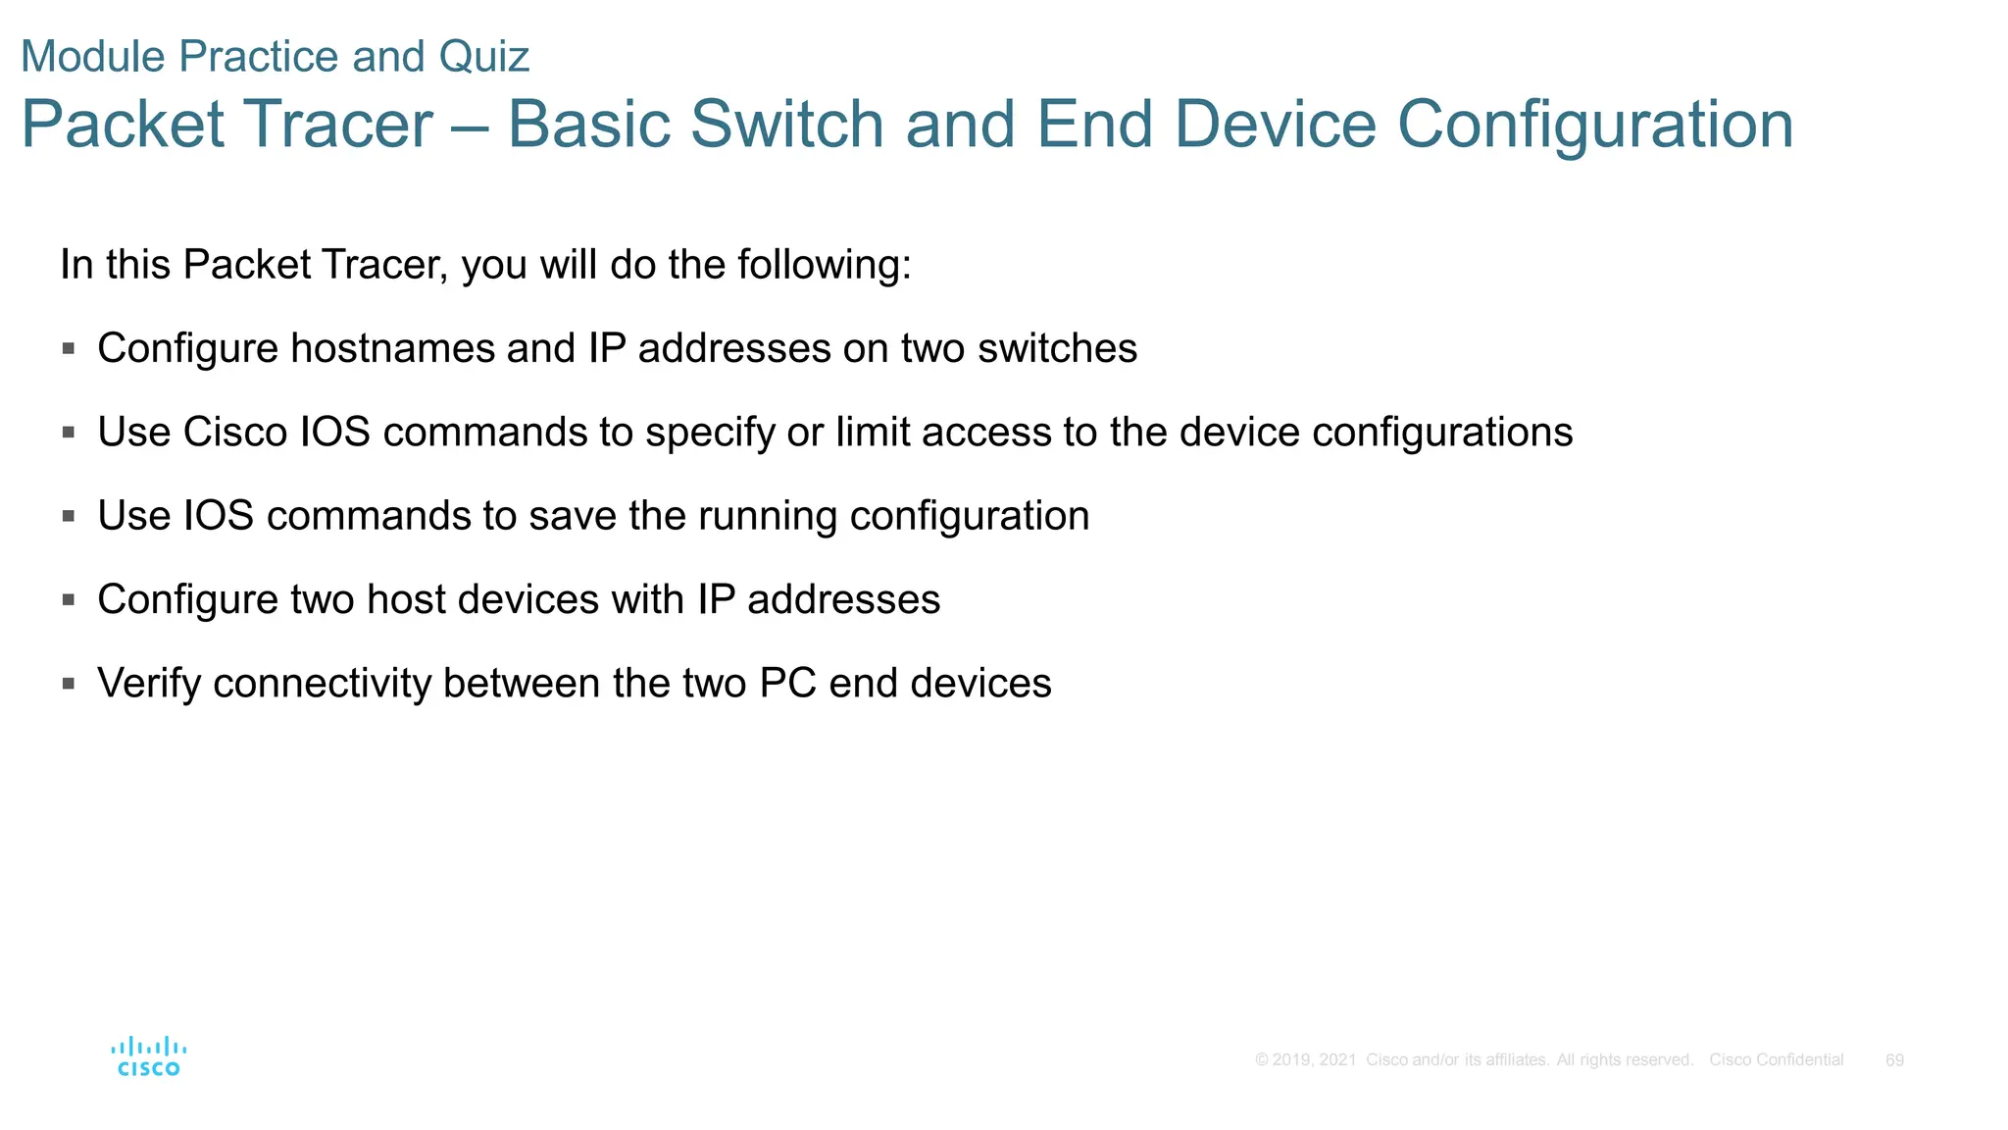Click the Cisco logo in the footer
148,1056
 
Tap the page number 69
1894,1060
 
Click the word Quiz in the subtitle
483,57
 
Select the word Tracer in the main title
338,125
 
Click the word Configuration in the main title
1594,125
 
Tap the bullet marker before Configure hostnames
69,348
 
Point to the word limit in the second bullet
873,433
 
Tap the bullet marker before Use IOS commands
69,516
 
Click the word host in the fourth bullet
405,599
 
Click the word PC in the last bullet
787,684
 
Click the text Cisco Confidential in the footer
1776,1060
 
